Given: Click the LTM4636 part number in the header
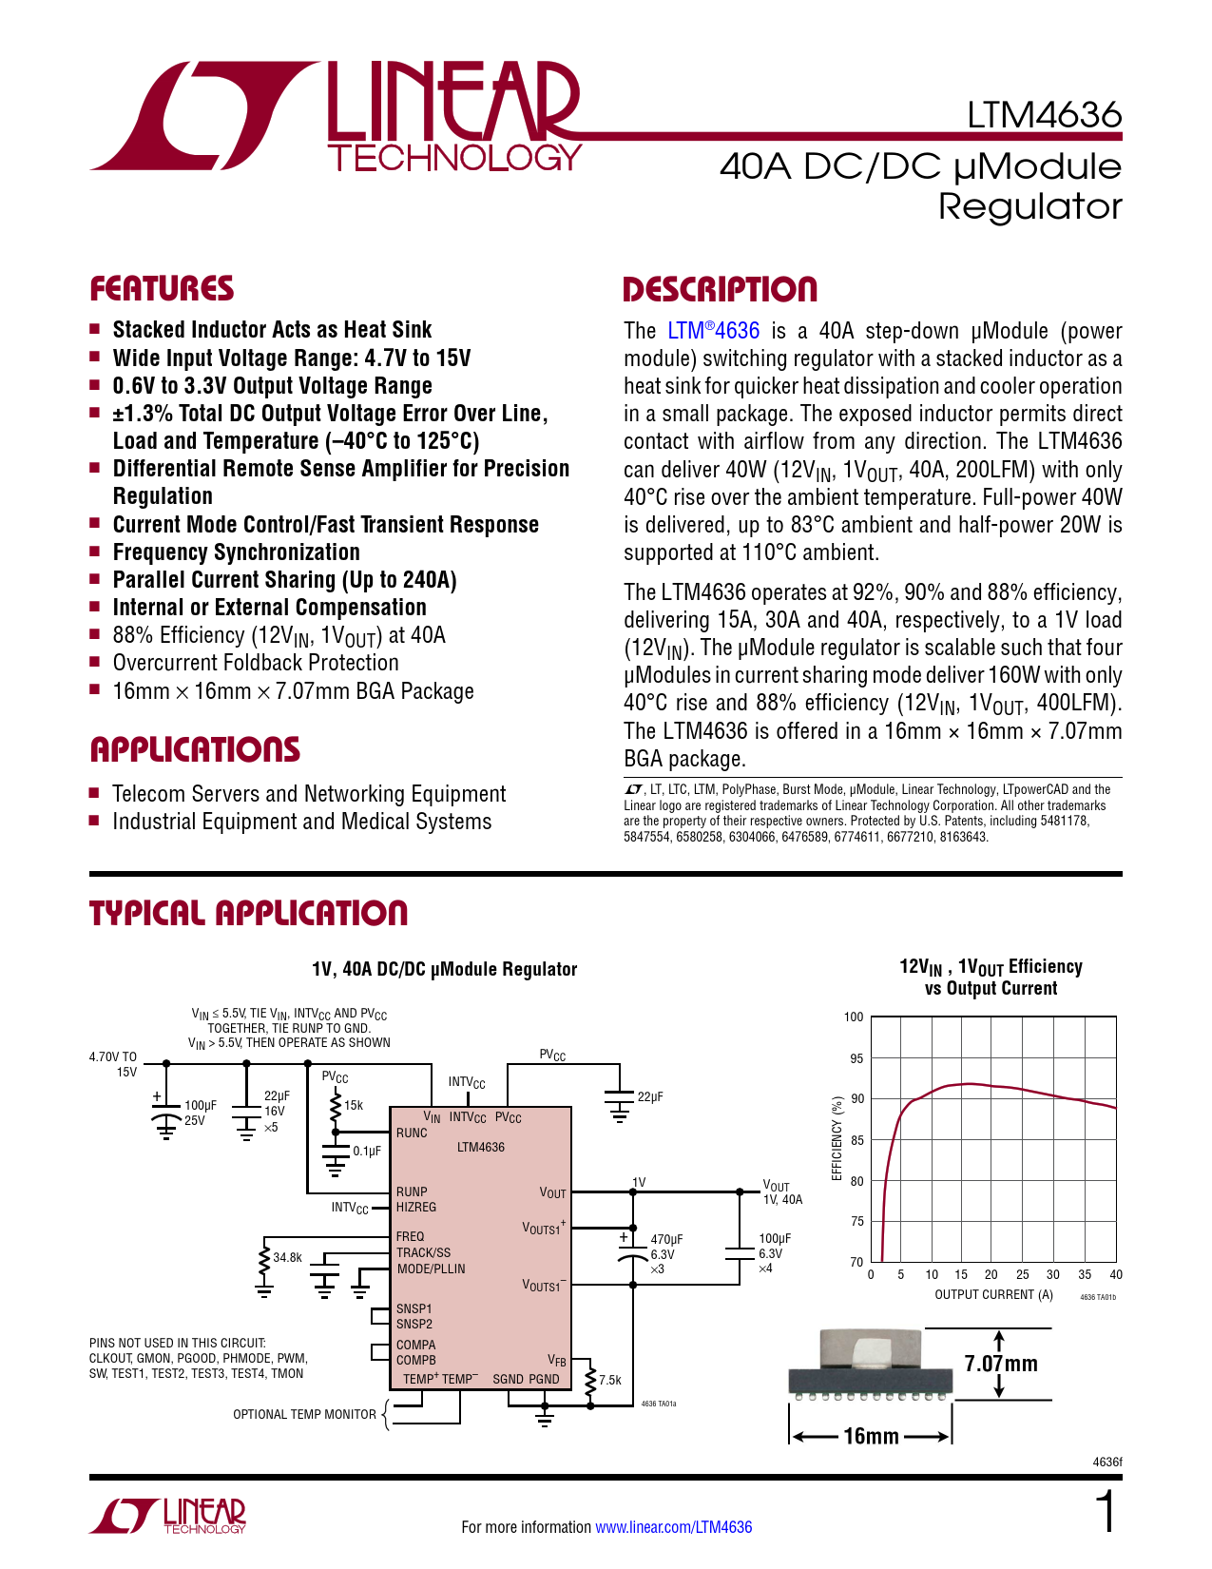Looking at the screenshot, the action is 1044,115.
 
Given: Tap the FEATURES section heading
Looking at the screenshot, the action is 162,289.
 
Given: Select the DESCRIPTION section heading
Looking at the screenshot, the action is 720,289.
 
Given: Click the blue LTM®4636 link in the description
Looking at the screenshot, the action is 713,331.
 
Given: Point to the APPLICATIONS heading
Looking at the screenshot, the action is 195,749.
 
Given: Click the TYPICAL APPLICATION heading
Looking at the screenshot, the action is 248,914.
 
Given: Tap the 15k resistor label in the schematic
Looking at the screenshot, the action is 353,1105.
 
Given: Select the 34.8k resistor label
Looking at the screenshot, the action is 287,1257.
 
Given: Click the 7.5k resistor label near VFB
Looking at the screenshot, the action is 610,1380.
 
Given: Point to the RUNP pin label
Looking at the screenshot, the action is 412,1191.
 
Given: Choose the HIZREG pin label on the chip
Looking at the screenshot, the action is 415,1207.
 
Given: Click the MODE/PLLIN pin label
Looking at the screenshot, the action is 431,1269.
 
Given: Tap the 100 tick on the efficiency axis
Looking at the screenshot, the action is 854,1017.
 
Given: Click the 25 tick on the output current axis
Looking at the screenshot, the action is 1023,1274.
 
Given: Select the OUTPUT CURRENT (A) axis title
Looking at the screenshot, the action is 994,1294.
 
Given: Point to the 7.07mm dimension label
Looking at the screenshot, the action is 1001,1364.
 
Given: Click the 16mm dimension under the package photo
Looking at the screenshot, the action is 872,1436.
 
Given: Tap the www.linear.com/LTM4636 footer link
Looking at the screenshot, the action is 674,1527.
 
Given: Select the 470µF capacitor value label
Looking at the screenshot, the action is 666,1239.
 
